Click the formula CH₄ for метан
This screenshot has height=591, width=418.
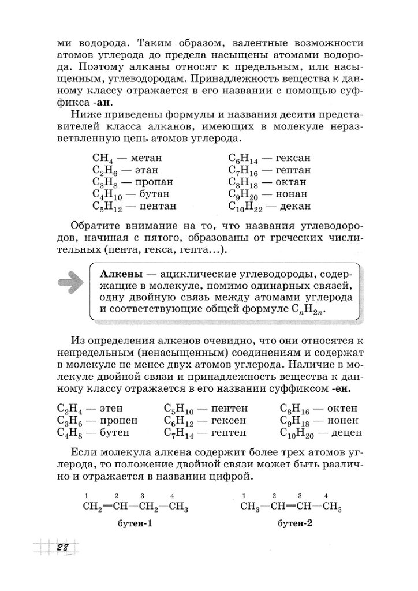(x=102, y=158)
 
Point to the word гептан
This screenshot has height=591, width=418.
(x=293, y=170)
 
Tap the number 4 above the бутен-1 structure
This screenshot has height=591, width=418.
(x=173, y=496)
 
